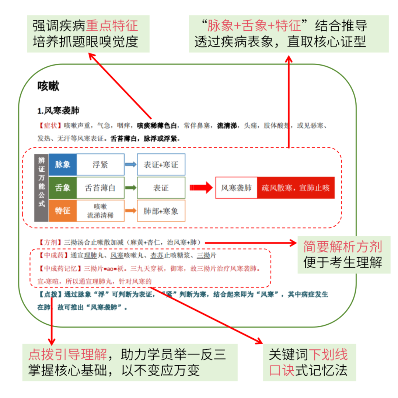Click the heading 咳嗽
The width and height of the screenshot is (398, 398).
click(48, 86)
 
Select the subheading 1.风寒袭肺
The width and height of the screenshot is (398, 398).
click(58, 111)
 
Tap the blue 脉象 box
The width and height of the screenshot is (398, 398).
click(63, 164)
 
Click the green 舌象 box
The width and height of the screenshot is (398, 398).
click(63, 188)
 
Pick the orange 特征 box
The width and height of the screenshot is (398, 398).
click(63, 211)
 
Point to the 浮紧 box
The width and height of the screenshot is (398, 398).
click(100, 164)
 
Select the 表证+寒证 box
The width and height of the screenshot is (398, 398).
click(161, 164)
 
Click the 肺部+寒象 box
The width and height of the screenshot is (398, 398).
click(161, 211)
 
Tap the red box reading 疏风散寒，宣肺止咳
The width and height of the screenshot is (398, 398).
click(296, 188)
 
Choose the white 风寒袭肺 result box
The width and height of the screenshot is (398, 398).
click(236, 188)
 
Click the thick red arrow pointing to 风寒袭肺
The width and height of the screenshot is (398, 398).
click(201, 188)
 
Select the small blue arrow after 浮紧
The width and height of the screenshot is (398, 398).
click(130, 164)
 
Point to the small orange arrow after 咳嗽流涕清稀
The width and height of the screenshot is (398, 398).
click(130, 211)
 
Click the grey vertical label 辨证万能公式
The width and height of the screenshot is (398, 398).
click(41, 188)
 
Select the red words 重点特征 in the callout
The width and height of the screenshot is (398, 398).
click(112, 26)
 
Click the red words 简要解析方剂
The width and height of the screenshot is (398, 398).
click(342, 247)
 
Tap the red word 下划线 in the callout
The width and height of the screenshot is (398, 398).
click(328, 355)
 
